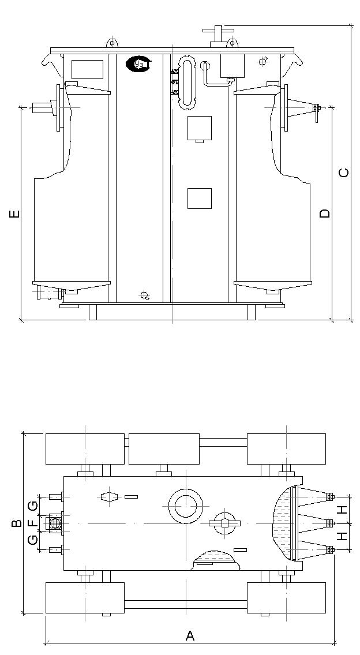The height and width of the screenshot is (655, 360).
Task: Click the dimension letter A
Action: point(190,635)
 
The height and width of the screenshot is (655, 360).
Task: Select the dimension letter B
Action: point(16,523)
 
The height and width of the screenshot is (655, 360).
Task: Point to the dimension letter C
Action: point(344,173)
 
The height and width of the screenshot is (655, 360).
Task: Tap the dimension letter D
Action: point(324,214)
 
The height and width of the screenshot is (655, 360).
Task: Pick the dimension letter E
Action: point(14,214)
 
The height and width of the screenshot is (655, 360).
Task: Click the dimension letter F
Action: point(32,523)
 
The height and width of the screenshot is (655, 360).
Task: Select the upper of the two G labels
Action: point(32,506)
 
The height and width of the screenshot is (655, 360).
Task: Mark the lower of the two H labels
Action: point(343,536)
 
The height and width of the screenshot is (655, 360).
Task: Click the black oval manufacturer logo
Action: point(139,64)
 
